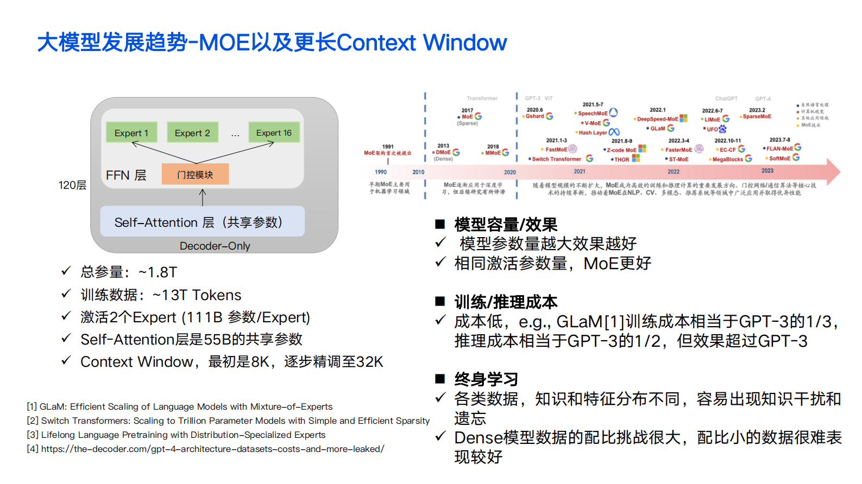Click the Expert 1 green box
131,132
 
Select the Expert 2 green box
192,132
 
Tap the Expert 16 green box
274,132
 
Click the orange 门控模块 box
195,174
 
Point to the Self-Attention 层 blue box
202,222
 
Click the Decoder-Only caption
215,246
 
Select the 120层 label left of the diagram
72,185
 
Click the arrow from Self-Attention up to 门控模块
203,197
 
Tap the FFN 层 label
126,175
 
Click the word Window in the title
465,42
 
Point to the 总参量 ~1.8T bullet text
129,272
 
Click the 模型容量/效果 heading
506,224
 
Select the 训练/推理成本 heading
506,302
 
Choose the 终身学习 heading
486,379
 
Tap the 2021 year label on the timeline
580,171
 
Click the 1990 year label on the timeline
381,172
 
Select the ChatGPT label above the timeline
726,99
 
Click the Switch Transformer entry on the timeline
556,159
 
